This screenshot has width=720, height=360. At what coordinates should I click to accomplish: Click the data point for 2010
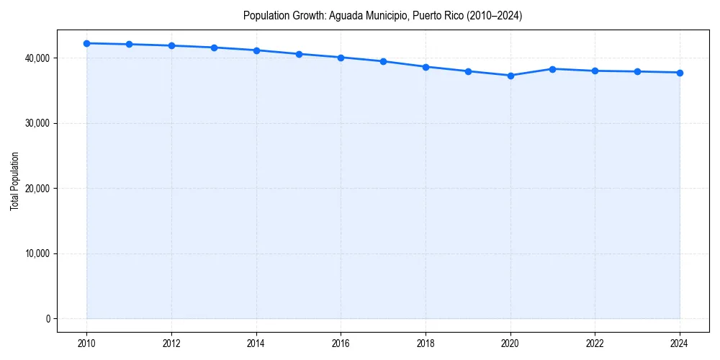[x=86, y=43]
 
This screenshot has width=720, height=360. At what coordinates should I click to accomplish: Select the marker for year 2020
[x=510, y=76]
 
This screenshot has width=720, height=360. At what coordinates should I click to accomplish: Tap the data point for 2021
[x=552, y=69]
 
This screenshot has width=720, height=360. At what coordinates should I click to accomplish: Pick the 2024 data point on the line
[x=680, y=73]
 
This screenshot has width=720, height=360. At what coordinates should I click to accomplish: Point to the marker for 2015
[x=299, y=54]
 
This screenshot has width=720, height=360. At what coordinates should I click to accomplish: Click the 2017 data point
[x=383, y=61]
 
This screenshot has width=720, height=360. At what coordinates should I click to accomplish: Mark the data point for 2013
[x=214, y=48]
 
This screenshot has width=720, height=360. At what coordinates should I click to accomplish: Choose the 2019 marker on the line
[x=468, y=71]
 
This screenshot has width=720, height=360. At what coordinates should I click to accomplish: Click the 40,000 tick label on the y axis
[x=38, y=58]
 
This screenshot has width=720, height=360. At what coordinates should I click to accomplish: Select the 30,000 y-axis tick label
[x=38, y=123]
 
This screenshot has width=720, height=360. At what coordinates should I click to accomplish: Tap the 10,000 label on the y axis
[x=38, y=253]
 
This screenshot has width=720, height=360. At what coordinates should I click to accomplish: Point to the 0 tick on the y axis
[x=48, y=318]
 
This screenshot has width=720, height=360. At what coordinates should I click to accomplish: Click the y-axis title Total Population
[x=14, y=181]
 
